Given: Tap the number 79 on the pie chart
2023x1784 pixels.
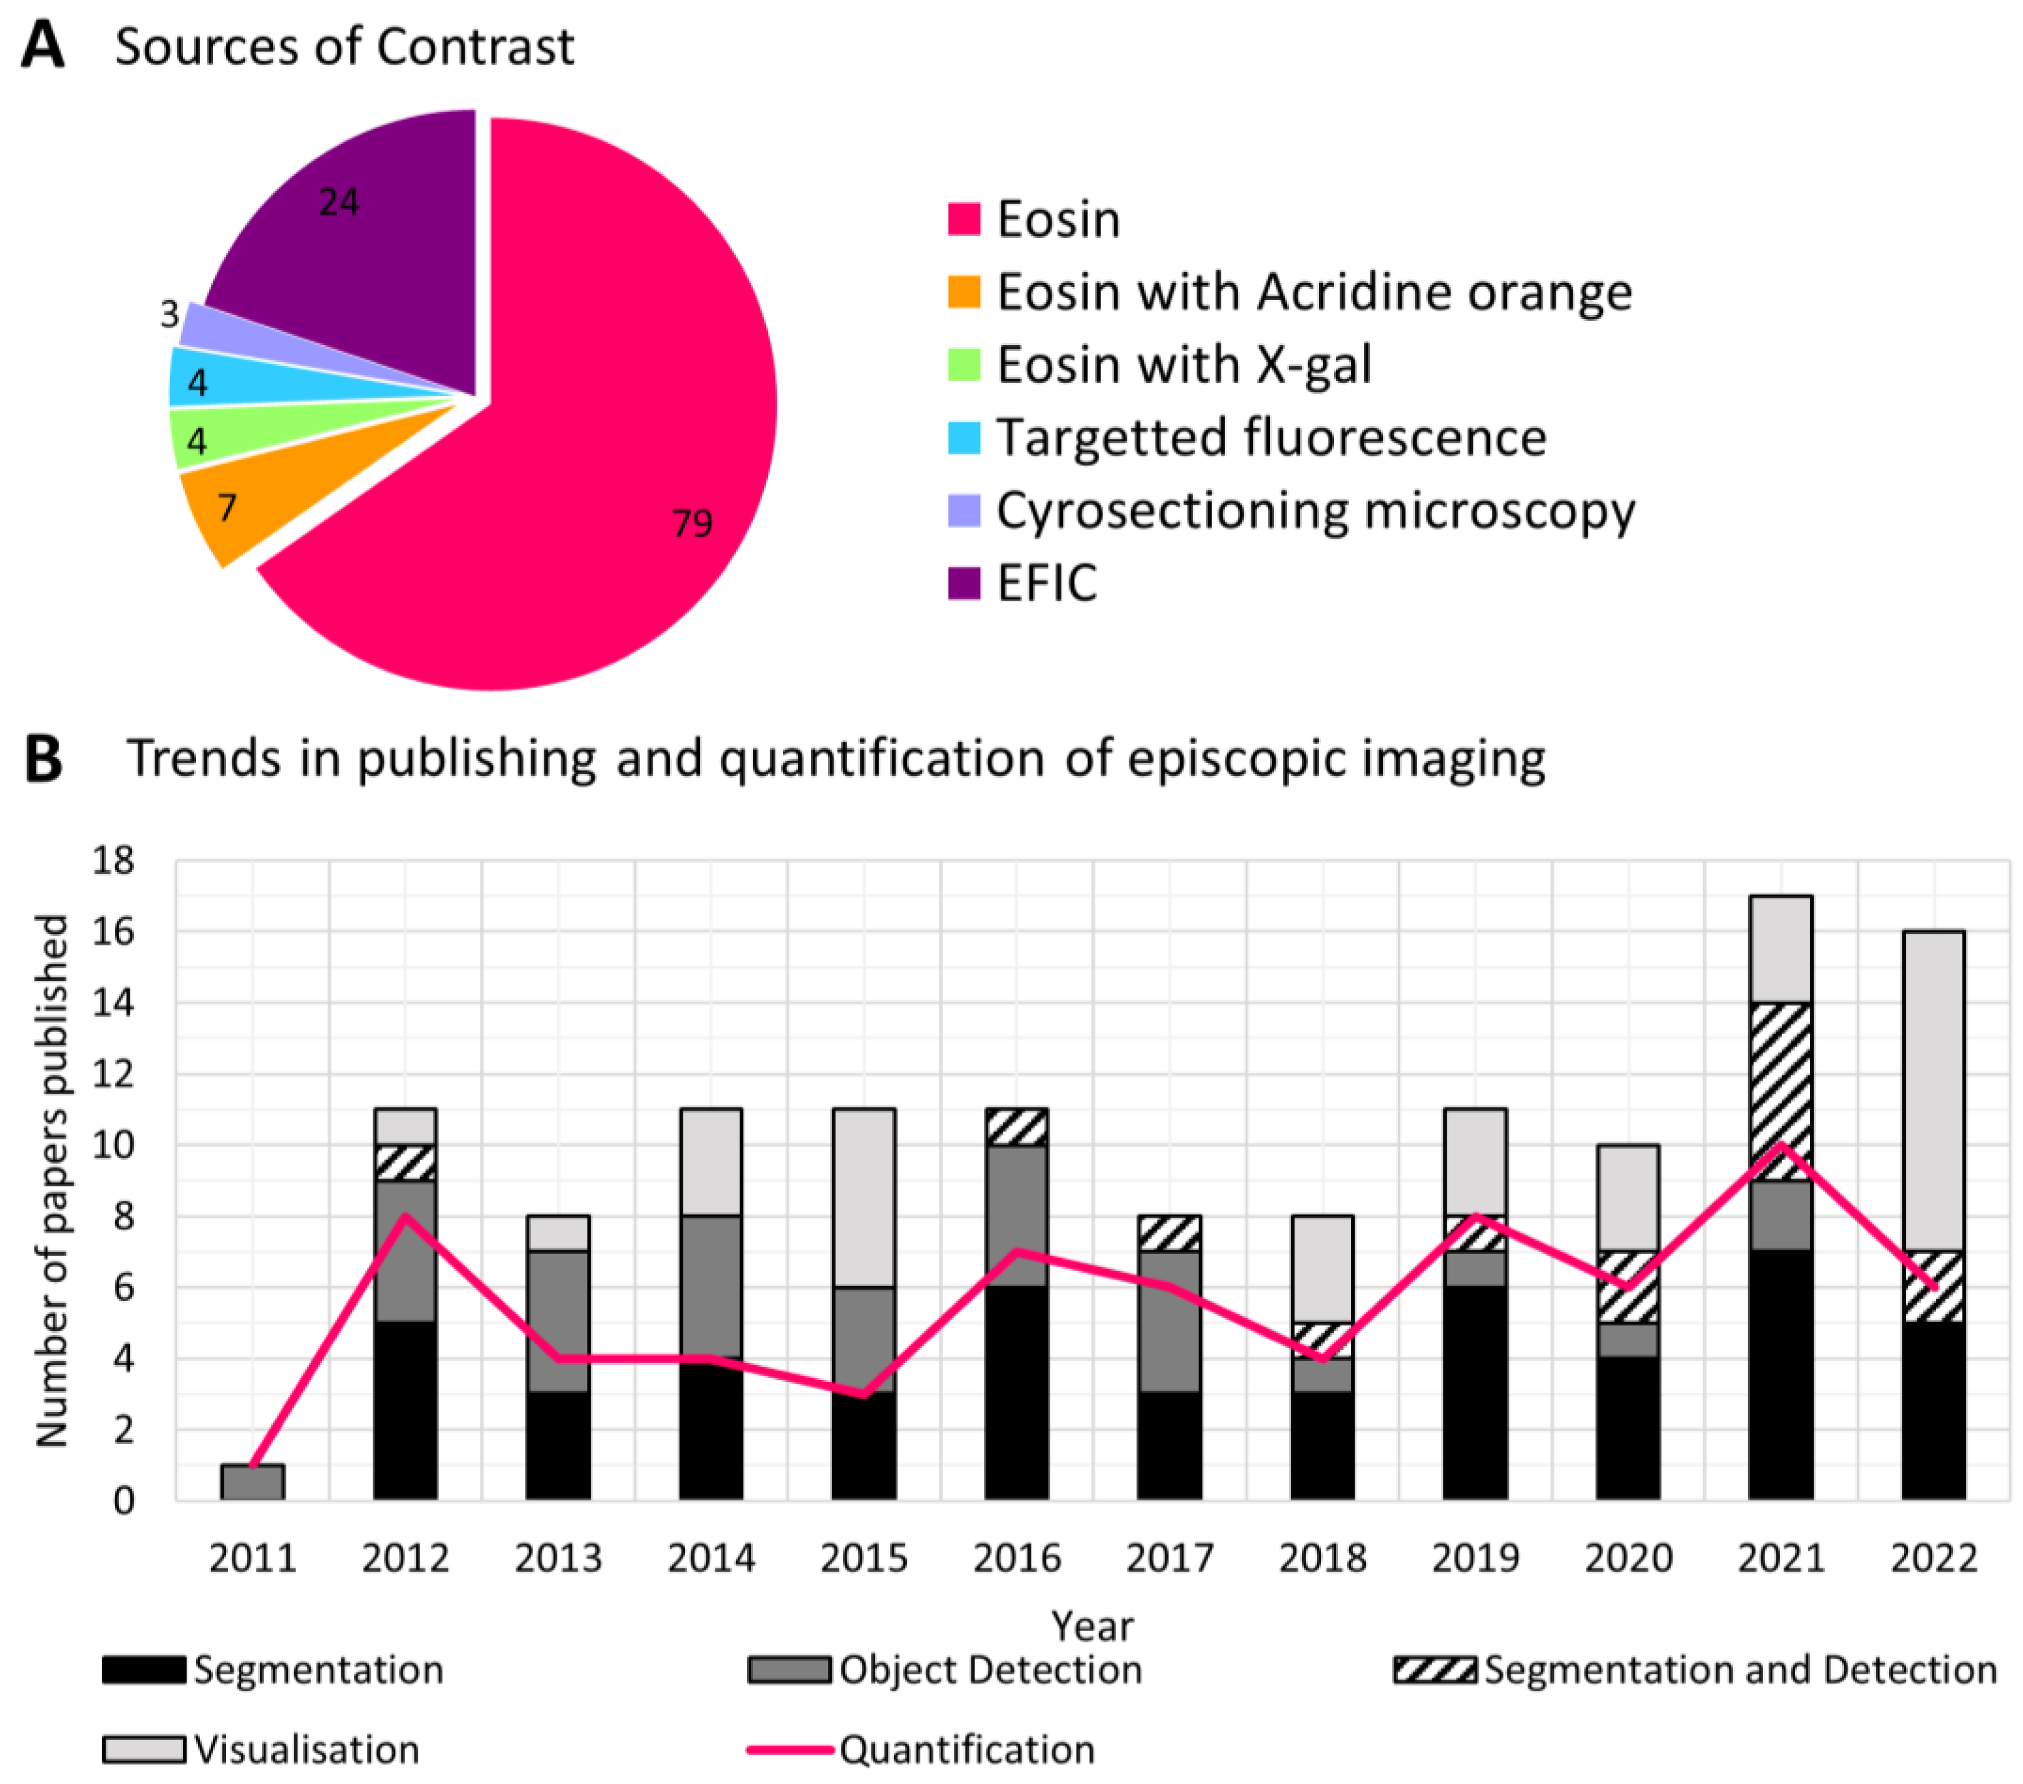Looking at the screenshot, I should [692, 522].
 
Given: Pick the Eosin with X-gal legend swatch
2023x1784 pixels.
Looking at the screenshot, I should [964, 365].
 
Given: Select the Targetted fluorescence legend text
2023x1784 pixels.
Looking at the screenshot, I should [1271, 438].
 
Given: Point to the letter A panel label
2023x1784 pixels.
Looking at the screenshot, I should [43, 46].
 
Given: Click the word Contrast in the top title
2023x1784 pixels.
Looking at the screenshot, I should [475, 46].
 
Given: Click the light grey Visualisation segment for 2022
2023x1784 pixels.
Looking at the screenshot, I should [1933, 1089].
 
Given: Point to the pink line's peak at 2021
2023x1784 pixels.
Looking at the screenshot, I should [1781, 1146].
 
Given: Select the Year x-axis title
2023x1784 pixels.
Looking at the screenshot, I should [1093, 1626].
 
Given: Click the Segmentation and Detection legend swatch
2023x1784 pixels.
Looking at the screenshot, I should [1435, 1670].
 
